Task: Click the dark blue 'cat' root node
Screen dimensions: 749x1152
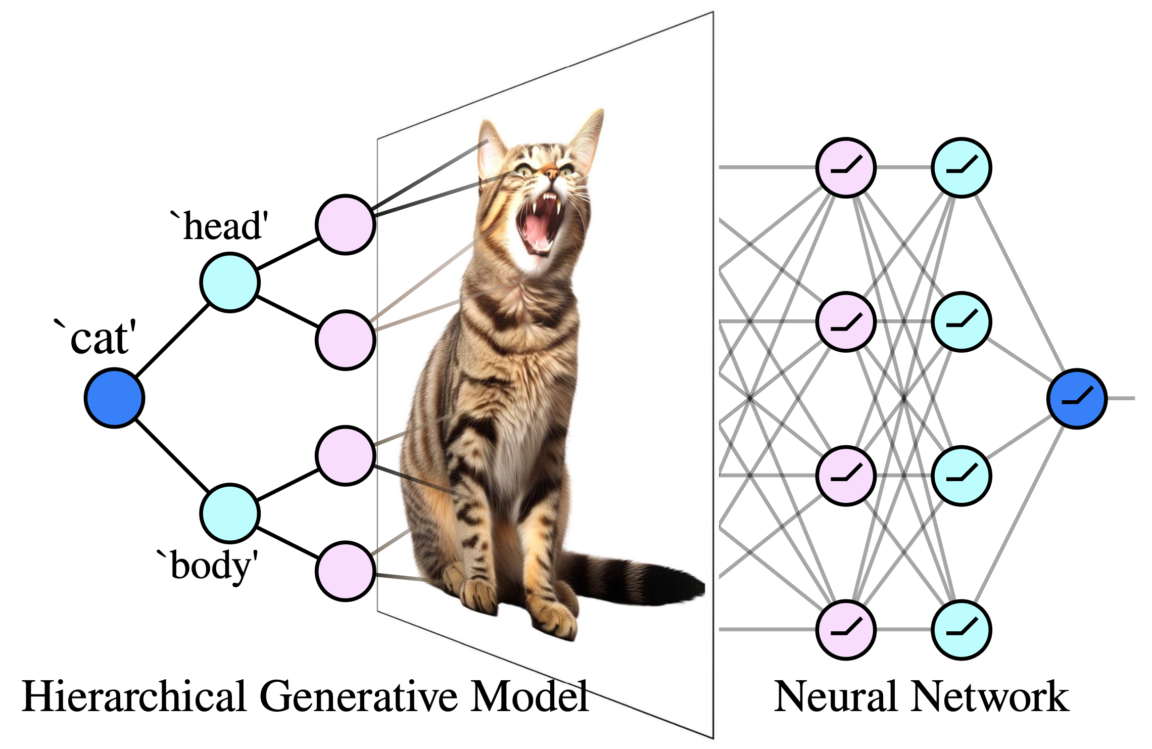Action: click(115, 398)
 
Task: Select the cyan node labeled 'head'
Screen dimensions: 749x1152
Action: click(230, 283)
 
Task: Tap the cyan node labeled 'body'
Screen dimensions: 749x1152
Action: click(230, 513)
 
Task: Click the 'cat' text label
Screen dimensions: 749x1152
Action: click(99, 338)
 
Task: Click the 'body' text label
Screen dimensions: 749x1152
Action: click(210, 566)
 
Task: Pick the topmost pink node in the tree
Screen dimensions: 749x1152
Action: click(345, 224)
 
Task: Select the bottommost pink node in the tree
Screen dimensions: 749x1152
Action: click(345, 571)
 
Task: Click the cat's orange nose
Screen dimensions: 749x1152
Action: click(551, 173)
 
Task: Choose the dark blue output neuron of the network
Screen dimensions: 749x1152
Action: click(1077, 398)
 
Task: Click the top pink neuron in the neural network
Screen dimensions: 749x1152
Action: click(846, 167)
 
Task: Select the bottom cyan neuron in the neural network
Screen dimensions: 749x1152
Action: click(961, 630)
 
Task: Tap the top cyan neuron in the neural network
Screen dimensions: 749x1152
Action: click(961, 167)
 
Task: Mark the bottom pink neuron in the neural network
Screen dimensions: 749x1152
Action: click(846, 630)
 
